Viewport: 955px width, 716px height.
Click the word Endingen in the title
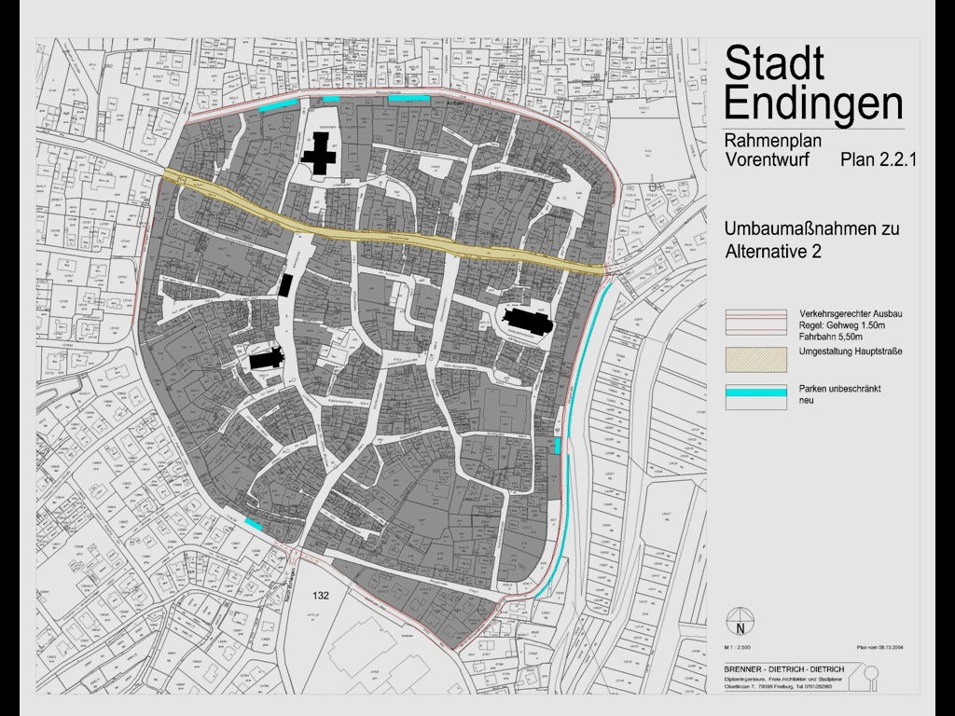[x=813, y=103]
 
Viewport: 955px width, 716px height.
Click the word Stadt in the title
[x=774, y=63]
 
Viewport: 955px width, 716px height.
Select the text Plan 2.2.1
[x=879, y=160]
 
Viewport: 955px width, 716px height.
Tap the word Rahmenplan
[x=772, y=142]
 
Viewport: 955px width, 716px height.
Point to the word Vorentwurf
[x=767, y=160]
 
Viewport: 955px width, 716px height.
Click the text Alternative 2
[x=773, y=252]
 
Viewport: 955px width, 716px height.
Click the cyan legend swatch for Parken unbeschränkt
[x=755, y=392]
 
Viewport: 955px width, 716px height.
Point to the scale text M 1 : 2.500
[x=738, y=645]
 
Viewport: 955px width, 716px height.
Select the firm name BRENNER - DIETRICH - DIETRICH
[x=783, y=669]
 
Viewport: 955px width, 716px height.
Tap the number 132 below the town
[x=322, y=595]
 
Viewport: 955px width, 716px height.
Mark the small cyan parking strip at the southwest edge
[x=253, y=524]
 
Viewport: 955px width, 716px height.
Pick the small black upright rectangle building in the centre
[x=286, y=285]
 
